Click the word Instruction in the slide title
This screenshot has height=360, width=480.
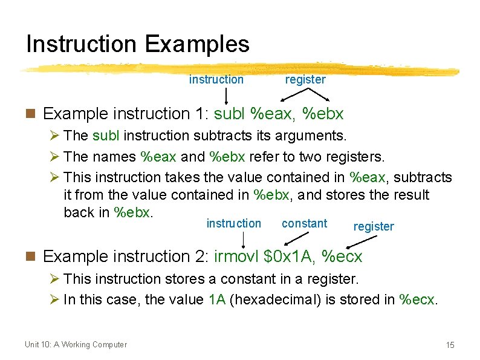point(82,44)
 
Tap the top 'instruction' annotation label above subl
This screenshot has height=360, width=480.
point(216,79)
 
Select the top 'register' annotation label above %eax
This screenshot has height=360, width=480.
point(305,79)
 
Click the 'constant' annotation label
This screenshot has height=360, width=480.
point(304,223)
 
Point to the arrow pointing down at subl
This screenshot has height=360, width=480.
point(226,96)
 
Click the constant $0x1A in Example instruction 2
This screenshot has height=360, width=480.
point(290,257)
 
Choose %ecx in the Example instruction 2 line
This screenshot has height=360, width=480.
point(342,257)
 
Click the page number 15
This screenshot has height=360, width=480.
point(449,345)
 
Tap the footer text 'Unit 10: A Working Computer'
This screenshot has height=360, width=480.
point(76,345)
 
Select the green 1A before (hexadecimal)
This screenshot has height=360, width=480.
point(217,300)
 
